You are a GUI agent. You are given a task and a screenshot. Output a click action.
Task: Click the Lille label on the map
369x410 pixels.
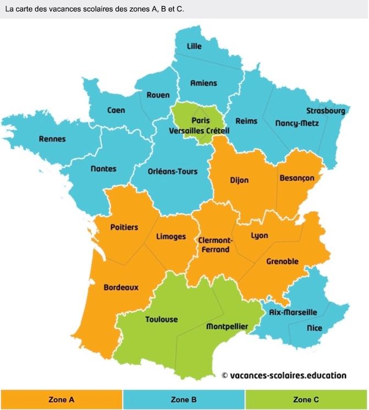(194, 46)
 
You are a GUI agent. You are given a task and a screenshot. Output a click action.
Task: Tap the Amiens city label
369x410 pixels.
(203, 84)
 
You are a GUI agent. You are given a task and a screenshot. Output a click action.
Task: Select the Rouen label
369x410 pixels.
(158, 95)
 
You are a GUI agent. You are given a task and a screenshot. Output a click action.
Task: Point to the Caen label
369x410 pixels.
(116, 110)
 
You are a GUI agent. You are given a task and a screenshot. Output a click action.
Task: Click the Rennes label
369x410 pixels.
(52, 139)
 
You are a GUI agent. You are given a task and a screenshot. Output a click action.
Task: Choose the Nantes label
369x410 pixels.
(103, 168)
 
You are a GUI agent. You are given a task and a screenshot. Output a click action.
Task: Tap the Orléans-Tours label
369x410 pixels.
(173, 171)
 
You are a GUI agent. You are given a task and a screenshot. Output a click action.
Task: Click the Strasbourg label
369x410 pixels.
(326, 111)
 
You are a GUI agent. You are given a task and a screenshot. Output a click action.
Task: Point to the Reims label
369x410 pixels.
(246, 121)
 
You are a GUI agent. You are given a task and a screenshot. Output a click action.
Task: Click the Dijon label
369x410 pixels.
(239, 180)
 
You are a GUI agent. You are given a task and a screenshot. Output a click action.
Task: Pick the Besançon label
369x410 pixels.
(297, 178)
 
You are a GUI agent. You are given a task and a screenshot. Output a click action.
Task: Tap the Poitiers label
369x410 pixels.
(124, 227)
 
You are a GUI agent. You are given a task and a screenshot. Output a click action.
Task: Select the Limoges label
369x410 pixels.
(171, 237)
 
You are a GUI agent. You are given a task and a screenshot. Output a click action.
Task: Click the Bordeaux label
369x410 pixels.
(121, 287)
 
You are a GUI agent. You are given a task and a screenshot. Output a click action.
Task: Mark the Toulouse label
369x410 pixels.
(161, 319)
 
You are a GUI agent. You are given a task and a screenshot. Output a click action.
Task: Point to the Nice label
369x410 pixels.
(315, 328)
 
